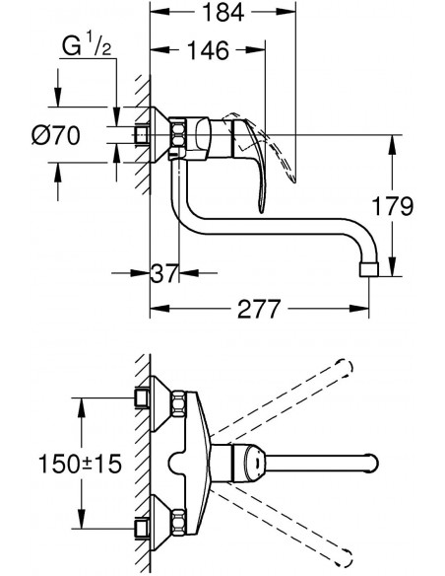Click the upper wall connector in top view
tap(144, 398)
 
